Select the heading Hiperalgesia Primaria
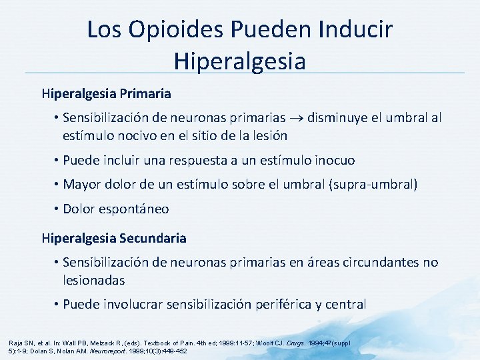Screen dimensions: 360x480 106,93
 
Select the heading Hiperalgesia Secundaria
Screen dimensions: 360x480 114,238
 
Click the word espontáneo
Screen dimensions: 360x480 135,209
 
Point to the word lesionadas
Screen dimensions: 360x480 93,281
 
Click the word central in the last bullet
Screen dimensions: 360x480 345,305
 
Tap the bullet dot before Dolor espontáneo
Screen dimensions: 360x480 57,209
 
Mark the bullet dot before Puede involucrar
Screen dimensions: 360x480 57,305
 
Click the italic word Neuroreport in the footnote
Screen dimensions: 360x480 127,350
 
